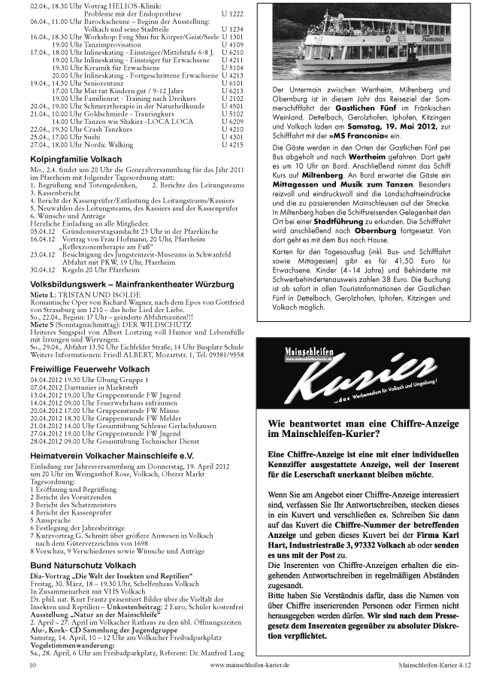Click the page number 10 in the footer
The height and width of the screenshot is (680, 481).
tap(33, 665)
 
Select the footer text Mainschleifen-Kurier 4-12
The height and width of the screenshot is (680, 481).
tap(435, 665)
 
